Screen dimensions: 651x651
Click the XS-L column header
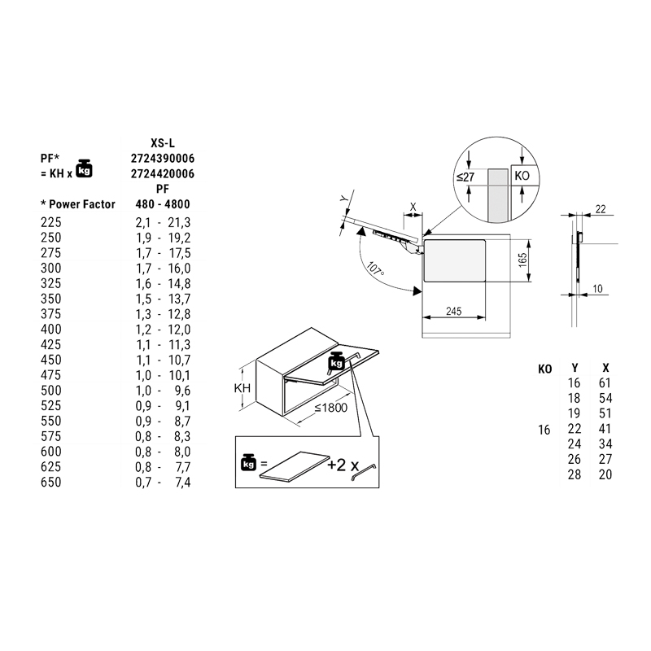[163, 142]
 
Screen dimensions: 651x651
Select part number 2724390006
[163, 158]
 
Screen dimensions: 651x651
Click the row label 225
[50, 221]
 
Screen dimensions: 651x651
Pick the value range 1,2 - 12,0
[163, 329]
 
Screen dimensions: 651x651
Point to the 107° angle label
[376, 269]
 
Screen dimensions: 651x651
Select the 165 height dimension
[523, 261]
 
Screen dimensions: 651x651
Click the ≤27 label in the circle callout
[465, 177]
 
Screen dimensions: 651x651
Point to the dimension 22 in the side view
[601, 209]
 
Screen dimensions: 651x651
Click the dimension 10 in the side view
[598, 289]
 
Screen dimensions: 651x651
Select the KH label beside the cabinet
[242, 389]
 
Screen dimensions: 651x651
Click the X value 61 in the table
[603, 383]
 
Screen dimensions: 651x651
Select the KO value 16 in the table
[544, 430]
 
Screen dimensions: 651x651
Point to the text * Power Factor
[77, 204]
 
